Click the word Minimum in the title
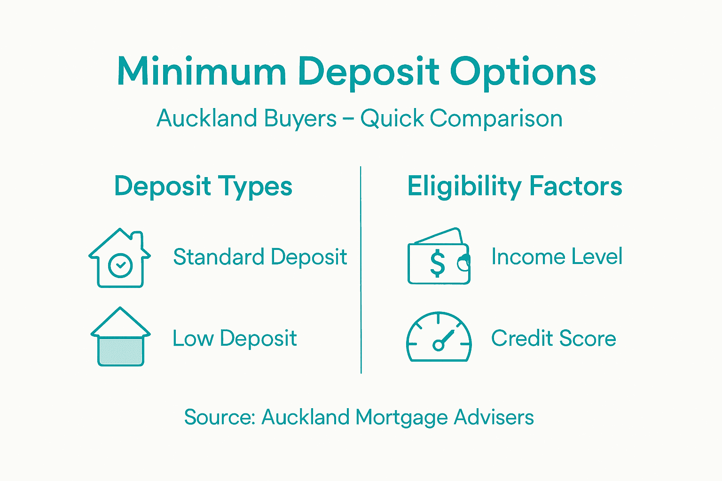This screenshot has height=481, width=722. tap(202, 72)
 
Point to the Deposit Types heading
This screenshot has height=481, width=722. tap(203, 186)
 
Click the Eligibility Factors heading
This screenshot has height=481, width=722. tap(515, 186)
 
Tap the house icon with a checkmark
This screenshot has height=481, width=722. tap(120, 258)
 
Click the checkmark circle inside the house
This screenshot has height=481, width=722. tap(120, 265)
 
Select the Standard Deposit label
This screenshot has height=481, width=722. tap(260, 257)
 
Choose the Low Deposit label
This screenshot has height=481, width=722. tap(235, 338)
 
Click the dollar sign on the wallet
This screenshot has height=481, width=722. tap(437, 264)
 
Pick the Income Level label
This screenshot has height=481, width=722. tap(557, 256)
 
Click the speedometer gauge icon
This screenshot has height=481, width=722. tap(439, 337)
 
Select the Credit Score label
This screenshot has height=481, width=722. tap(553, 338)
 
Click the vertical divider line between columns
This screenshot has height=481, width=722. tap(361, 270)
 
